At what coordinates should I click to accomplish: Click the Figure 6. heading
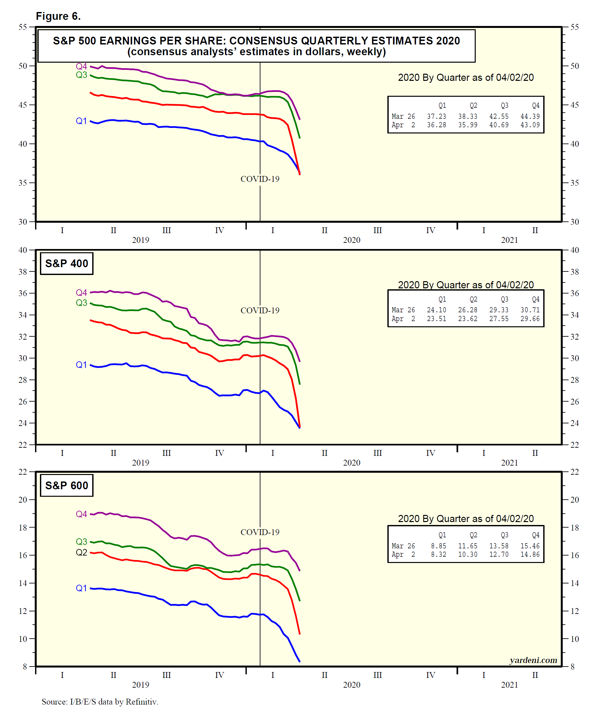click(58, 16)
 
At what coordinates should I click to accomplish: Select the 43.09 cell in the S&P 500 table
click(530, 125)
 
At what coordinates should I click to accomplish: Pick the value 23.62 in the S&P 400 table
click(468, 319)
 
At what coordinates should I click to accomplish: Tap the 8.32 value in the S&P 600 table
click(438, 554)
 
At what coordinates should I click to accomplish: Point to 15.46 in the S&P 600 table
click(530, 546)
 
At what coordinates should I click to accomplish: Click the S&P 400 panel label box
click(67, 264)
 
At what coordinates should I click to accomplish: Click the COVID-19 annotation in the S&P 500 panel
click(260, 179)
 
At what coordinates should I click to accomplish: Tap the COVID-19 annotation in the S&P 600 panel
click(260, 532)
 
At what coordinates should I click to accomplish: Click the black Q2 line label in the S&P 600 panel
click(82, 552)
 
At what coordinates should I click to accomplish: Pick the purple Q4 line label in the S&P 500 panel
click(82, 66)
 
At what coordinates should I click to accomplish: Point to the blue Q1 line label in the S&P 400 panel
click(82, 365)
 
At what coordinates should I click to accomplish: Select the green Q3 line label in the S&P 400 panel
click(82, 303)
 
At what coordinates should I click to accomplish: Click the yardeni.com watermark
click(533, 660)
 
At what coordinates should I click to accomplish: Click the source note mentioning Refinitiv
click(100, 701)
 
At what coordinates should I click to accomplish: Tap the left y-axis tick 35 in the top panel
click(23, 183)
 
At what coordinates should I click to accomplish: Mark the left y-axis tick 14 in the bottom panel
click(23, 583)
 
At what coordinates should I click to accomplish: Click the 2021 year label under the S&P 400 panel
click(509, 463)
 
